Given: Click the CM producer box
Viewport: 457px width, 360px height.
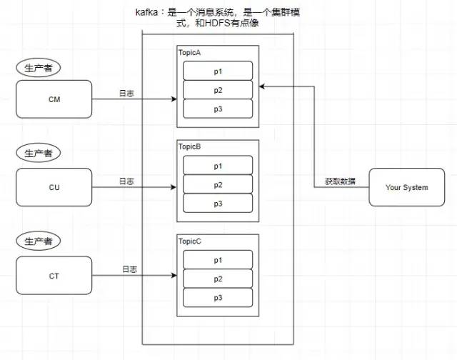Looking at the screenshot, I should (x=54, y=99).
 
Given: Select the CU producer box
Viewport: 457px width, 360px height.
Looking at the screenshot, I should (x=54, y=187).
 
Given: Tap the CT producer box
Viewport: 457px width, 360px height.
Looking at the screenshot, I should (x=54, y=275).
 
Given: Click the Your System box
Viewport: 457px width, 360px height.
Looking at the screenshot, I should (x=406, y=187).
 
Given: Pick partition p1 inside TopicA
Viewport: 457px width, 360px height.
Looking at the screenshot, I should (x=218, y=71).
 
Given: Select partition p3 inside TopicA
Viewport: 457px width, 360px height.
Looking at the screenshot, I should (x=218, y=109).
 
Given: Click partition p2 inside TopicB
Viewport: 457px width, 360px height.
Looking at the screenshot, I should (x=218, y=184).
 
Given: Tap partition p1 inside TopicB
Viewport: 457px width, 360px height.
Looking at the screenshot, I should (x=218, y=166).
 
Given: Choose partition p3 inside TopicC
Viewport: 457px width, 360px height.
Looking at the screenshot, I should (x=218, y=297).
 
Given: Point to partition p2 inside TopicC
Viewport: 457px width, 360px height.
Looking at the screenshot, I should (x=218, y=279).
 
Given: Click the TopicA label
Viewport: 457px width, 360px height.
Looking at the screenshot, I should (x=190, y=54).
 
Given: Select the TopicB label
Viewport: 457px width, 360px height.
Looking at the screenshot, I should (x=190, y=146).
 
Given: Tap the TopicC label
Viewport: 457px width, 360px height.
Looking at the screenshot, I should (x=190, y=242).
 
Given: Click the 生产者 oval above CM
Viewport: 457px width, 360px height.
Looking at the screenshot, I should (x=38, y=68).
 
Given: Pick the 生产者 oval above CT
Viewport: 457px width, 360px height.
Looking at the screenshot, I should (x=38, y=242).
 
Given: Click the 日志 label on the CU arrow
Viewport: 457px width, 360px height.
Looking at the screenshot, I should (x=126, y=181).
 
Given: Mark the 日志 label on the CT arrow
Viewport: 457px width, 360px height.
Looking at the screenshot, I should (x=129, y=269).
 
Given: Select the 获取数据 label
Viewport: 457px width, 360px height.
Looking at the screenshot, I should (x=340, y=181).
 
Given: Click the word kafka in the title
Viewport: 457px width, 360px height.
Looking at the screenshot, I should (x=148, y=13).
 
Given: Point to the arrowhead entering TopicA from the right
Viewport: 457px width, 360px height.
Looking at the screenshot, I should (x=262, y=86).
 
